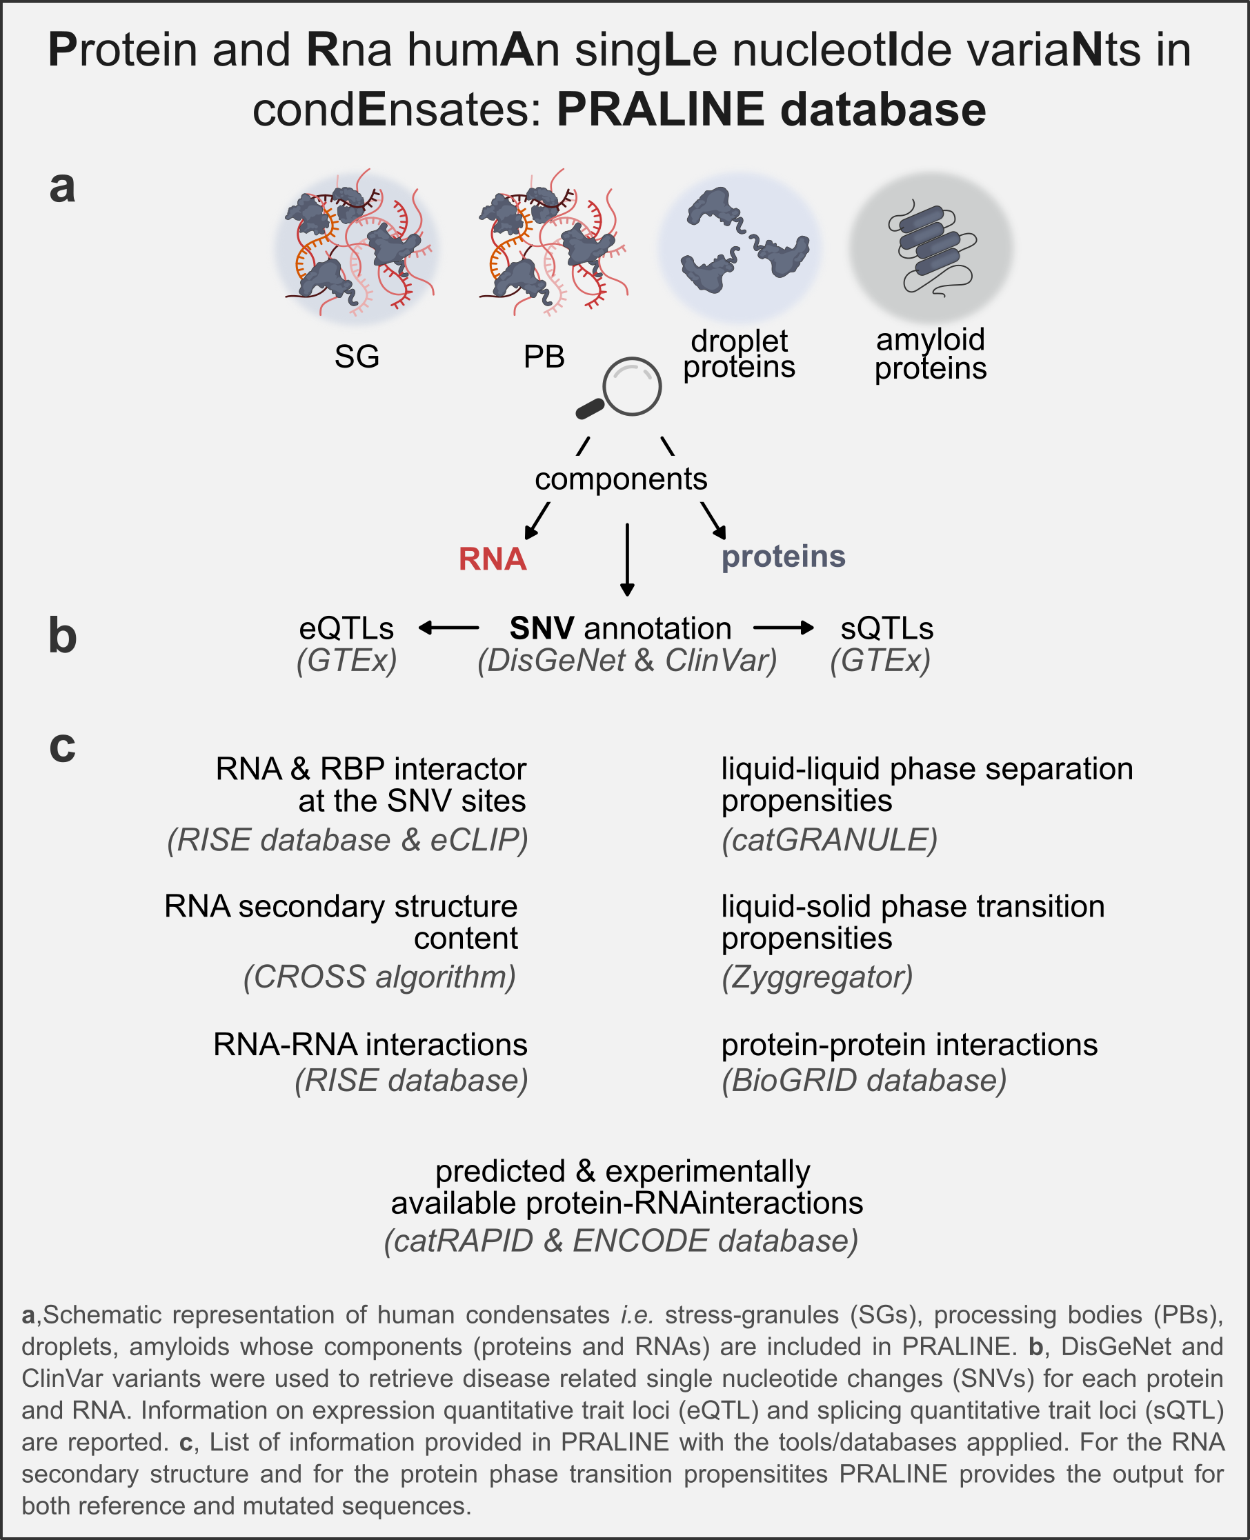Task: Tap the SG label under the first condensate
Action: (357, 357)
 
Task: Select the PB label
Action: (544, 357)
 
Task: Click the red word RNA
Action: (493, 559)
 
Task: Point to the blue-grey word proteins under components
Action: (784, 557)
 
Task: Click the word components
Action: (621, 479)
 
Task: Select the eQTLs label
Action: (346, 628)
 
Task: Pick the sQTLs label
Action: (886, 628)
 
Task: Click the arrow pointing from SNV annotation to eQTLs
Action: (448, 628)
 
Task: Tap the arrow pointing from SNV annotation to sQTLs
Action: (784, 628)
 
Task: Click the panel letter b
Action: (63, 636)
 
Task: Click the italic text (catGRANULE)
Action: (829, 840)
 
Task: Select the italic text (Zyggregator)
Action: (817, 977)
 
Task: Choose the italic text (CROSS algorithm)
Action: (379, 977)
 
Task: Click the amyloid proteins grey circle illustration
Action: (931, 247)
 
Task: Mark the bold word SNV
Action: (542, 628)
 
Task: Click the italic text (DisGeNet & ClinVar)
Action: (627, 660)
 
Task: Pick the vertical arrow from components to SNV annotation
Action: (627, 559)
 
